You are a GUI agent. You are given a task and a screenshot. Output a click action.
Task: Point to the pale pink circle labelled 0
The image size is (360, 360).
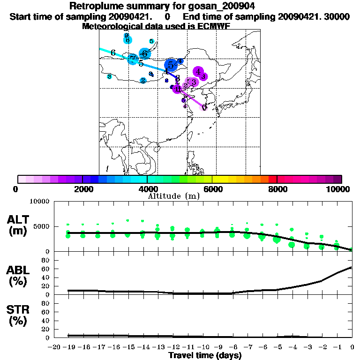(x=204, y=107)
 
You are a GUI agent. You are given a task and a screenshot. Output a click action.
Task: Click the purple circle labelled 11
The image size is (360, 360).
(x=177, y=89)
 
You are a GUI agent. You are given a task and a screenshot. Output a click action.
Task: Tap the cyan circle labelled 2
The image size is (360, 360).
(x=143, y=80)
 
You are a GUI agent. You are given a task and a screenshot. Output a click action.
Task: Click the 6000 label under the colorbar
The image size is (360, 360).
(x=212, y=188)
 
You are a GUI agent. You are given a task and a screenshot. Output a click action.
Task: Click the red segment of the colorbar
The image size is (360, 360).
(x=272, y=179)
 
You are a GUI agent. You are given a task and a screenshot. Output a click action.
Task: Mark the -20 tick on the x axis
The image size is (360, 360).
(x=54, y=347)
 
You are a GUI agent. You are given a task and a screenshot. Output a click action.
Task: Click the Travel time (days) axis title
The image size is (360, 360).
(x=204, y=355)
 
